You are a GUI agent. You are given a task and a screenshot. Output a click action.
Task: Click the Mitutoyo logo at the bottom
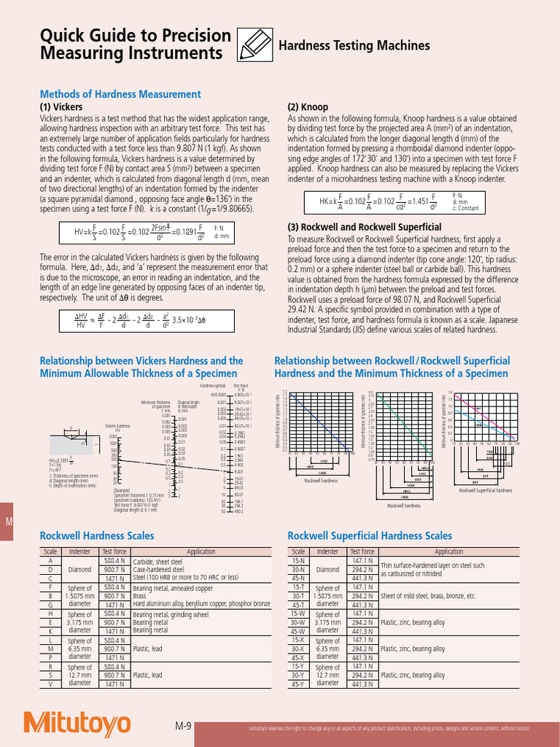click(77, 723)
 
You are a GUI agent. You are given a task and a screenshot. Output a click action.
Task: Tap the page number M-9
click(183, 727)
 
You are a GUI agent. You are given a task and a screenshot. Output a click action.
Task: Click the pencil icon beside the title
click(255, 44)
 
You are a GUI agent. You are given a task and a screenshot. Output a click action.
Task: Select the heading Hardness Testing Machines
click(354, 46)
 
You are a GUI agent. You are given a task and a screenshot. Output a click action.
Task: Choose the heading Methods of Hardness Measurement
click(120, 94)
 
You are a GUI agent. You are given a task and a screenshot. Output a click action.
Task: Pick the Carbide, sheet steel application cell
click(157, 562)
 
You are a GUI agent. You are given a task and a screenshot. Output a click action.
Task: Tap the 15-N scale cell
click(298, 561)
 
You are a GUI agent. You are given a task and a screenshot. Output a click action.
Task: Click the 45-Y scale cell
click(298, 684)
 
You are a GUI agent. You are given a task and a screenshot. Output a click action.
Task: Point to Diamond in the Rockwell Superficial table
click(327, 570)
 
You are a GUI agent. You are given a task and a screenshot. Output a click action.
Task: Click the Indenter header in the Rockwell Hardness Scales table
click(79, 552)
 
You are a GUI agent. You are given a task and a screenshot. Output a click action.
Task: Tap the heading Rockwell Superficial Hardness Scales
click(370, 535)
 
